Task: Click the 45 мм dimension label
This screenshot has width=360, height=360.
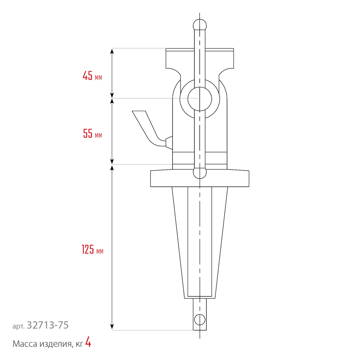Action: click(x=92, y=76)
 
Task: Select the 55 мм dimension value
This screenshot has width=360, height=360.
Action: click(x=93, y=134)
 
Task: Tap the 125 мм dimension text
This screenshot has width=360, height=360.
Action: click(x=93, y=249)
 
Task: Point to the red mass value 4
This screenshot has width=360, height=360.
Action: click(x=88, y=343)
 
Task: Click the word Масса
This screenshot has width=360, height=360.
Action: click(x=25, y=344)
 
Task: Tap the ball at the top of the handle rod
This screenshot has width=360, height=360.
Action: click(x=200, y=25)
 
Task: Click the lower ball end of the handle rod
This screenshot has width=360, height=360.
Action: click(x=200, y=172)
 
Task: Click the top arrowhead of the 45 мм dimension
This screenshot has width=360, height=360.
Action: click(x=112, y=51)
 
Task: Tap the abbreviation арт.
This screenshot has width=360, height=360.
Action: click(x=18, y=326)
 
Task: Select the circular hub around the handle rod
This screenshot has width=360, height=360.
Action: click(x=199, y=98)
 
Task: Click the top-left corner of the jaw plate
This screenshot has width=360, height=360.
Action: click(x=166, y=49)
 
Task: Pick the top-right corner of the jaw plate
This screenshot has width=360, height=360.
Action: click(x=234, y=49)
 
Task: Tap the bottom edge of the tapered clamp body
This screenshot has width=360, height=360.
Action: click(x=200, y=298)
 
